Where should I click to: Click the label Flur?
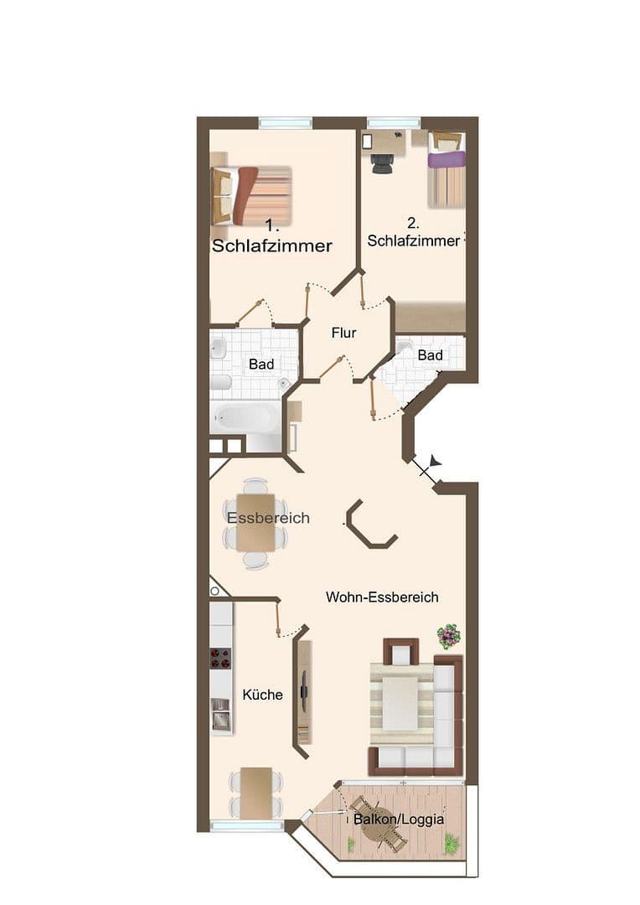343,333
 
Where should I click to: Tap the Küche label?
262,694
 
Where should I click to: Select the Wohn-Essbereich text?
382,597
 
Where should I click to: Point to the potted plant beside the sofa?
449,635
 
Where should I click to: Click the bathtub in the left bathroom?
245,416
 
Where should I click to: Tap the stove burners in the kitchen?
220,659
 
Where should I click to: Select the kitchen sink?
221,717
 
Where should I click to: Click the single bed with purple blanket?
446,172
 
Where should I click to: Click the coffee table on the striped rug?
400,702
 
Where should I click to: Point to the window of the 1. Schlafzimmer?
285,122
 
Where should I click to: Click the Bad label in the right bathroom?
430,355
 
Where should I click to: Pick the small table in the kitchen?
255,791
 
